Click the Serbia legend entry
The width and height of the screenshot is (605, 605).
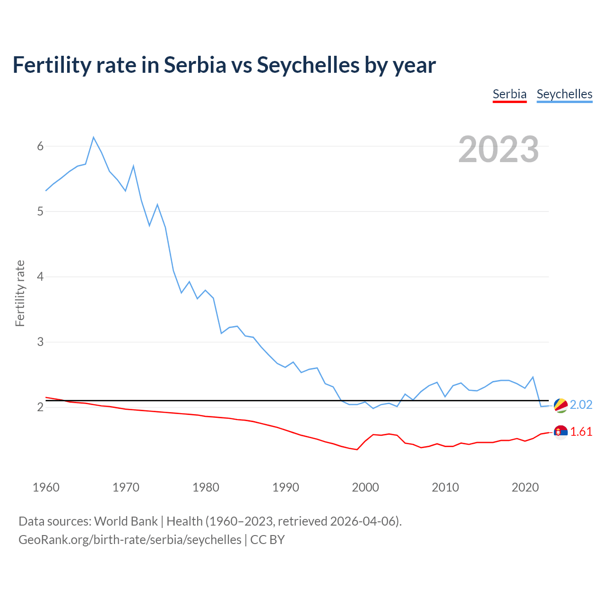coord(510,94)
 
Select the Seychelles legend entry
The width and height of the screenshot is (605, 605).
coord(564,94)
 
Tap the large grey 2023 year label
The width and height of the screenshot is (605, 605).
coord(499,149)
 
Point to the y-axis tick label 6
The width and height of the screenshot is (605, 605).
coord(40,147)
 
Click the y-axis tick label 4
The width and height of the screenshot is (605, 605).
coord(40,277)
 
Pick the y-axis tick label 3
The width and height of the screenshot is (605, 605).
coord(40,342)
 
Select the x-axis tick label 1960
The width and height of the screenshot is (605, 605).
coord(46,487)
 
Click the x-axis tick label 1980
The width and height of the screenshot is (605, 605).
coord(206,487)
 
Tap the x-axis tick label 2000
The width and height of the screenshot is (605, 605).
coord(365,487)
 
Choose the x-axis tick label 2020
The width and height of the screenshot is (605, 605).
coord(525,487)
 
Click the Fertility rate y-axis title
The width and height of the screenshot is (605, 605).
coord(20,293)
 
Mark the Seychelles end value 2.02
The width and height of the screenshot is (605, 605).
coord(581,405)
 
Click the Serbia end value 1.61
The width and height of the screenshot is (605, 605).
coord(581,432)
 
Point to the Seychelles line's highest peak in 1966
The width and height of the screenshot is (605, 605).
coord(94,138)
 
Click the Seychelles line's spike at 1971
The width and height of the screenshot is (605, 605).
coord(134,166)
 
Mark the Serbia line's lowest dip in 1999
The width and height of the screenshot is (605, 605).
coord(357,449)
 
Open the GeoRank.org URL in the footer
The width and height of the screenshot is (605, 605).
coord(130,540)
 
